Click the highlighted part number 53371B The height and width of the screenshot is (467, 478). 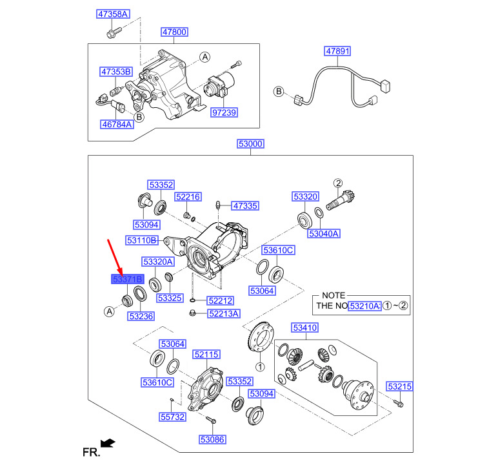[x=128, y=279]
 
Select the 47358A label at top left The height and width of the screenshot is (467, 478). [x=113, y=14]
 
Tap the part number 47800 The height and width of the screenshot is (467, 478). [x=174, y=32]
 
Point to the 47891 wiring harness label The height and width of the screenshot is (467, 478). [x=337, y=51]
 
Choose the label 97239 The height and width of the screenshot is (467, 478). [x=224, y=112]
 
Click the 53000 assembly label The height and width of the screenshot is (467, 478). [x=250, y=143]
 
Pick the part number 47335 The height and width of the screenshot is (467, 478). [x=245, y=205]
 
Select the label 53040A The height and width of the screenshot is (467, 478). [x=323, y=234]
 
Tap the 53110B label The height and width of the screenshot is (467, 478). [x=142, y=240]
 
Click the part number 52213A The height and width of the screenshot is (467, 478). [x=224, y=313]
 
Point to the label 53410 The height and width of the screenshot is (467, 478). [x=305, y=327]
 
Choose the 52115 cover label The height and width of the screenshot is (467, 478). [x=206, y=355]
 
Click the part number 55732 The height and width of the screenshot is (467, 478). [x=172, y=417]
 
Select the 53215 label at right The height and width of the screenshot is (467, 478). [x=399, y=386]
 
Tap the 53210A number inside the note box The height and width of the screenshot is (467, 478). [x=364, y=306]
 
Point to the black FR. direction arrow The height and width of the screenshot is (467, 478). [x=108, y=444]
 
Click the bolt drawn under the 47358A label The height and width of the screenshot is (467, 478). [x=114, y=32]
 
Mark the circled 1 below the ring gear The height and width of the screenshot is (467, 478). [x=260, y=367]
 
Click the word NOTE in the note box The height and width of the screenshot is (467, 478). [x=334, y=295]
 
